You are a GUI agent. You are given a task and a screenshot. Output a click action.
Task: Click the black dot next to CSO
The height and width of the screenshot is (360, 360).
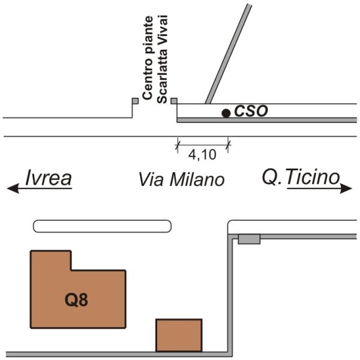point(226,113)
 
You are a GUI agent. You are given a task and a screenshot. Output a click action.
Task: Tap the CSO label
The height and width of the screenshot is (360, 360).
point(250,111)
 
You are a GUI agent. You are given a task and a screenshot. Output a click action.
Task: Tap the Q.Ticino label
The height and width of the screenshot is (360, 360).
point(301,177)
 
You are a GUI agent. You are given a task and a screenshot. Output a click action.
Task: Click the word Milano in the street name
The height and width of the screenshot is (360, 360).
point(197,179)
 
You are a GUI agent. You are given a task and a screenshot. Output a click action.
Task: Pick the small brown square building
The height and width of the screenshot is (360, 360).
point(179,335)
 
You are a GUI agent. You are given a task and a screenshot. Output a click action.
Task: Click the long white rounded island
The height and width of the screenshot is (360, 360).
point(102,226)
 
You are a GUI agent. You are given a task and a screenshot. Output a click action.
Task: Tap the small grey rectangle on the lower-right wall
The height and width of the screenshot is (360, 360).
point(249,239)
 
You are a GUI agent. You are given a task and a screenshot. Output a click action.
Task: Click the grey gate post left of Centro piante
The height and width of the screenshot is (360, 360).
point(135,101)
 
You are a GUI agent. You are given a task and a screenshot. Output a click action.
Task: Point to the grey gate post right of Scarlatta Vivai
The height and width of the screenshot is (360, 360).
point(174,101)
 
